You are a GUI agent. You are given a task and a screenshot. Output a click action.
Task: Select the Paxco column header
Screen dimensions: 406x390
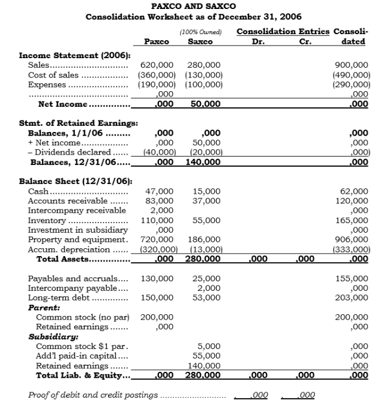[156, 41]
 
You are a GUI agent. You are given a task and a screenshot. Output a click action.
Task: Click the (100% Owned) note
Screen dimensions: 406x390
[200, 32]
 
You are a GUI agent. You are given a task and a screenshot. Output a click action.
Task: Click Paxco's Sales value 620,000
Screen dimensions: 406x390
[157, 65]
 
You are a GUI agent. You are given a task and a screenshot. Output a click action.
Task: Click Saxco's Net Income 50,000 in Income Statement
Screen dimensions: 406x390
[205, 104]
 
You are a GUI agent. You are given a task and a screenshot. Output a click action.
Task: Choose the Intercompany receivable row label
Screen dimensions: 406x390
[77, 210]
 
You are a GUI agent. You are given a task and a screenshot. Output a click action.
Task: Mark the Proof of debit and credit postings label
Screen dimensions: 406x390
[93, 395]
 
